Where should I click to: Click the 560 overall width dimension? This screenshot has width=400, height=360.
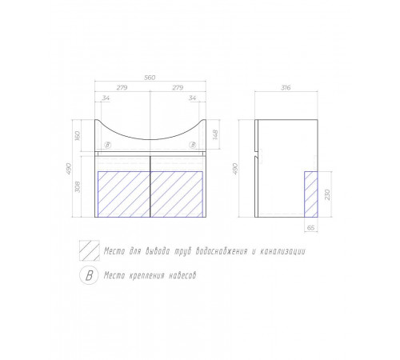[150, 78]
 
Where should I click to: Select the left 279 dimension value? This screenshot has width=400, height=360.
[122, 87]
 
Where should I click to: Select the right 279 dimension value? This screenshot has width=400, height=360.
[178, 87]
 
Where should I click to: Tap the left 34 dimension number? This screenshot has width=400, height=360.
[106, 98]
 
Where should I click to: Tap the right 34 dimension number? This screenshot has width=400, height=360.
[192, 98]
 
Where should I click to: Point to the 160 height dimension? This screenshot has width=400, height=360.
[78, 136]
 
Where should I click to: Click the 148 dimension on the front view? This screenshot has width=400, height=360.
[215, 134]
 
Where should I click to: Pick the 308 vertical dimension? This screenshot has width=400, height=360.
[78, 186]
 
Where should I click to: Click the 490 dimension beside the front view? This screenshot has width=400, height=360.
[69, 169]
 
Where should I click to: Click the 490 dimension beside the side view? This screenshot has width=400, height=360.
[235, 169]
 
